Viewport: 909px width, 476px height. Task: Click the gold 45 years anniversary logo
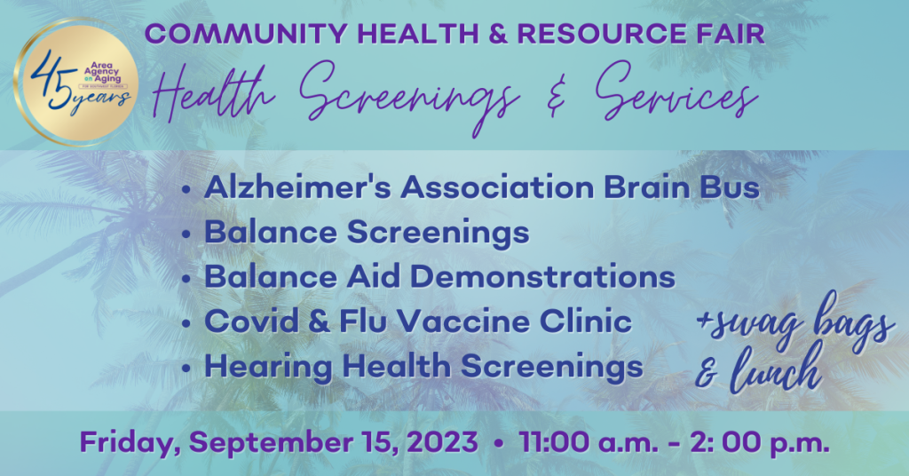coord(75,81)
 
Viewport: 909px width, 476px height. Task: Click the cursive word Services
coord(676,92)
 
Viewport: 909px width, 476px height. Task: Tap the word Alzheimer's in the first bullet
coord(298,187)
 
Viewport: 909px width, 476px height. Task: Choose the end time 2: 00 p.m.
coord(760,443)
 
